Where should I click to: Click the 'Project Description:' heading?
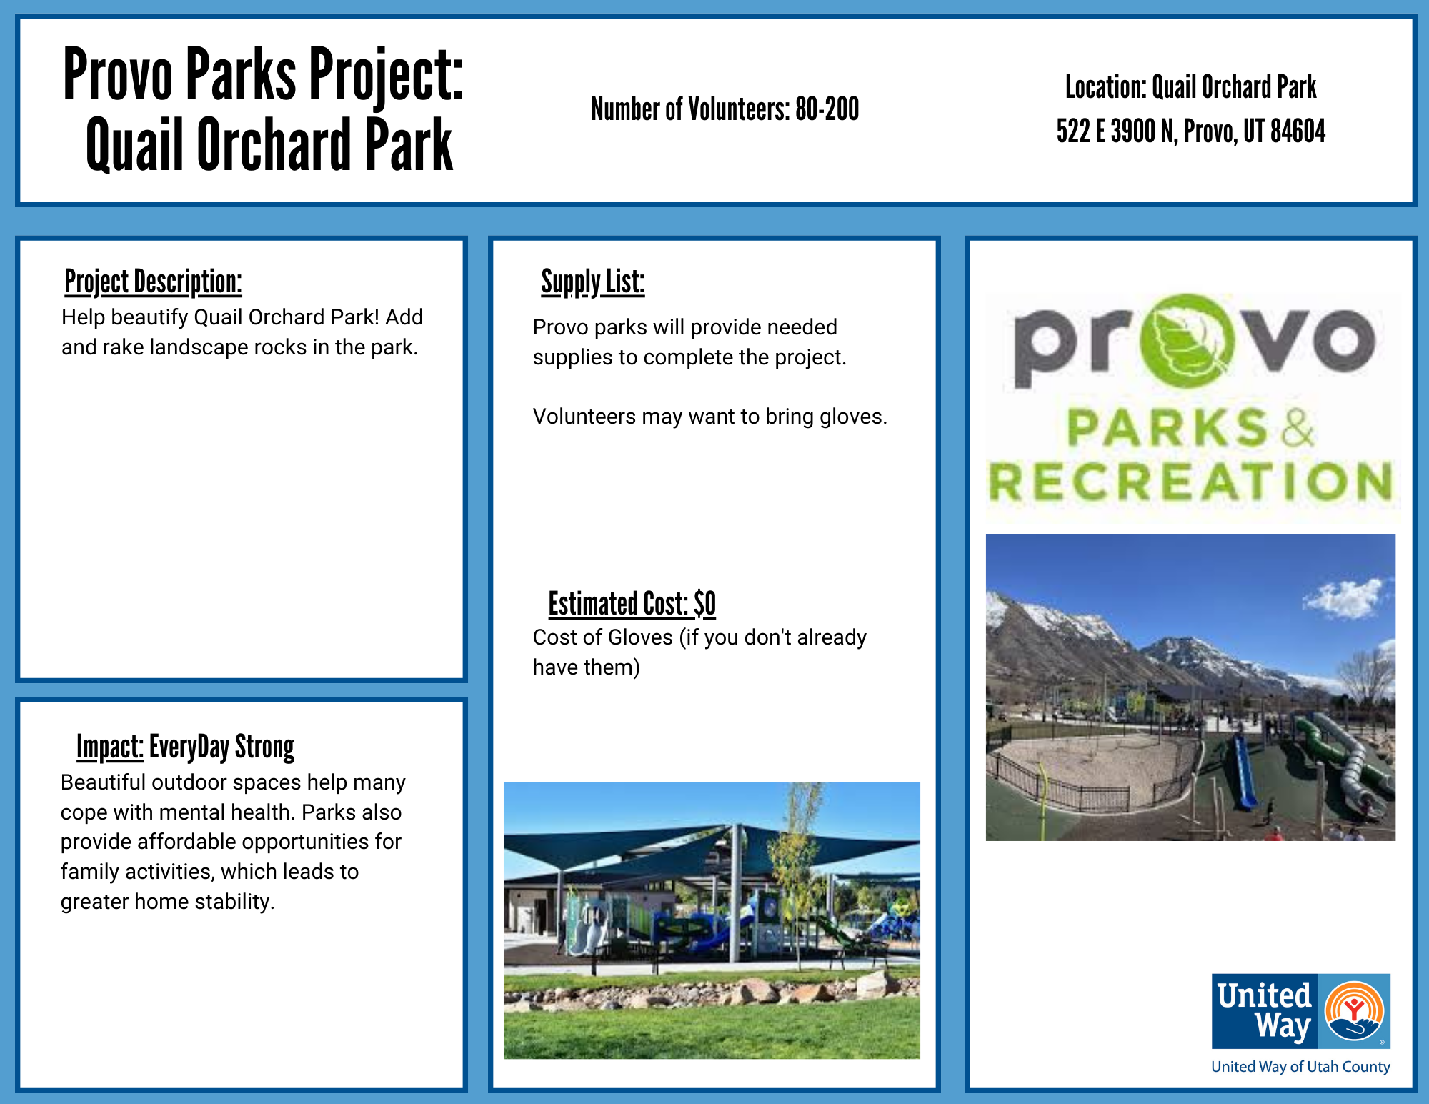pos(153,282)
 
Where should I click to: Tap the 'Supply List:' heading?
pos(592,282)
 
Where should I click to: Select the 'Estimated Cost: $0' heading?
pos(632,604)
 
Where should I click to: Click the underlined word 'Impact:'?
pos(110,747)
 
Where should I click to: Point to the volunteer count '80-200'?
pos(827,109)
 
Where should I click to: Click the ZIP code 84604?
pos(1298,131)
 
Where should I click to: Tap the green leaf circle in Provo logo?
pos(1186,341)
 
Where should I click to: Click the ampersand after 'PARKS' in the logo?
pos(1297,428)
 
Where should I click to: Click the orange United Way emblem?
pos(1354,1010)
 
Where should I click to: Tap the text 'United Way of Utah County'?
pos(1300,1067)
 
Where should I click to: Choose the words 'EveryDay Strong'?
pos(221,747)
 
